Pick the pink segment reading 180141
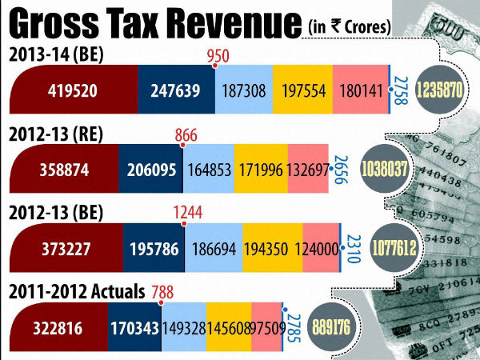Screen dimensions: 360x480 (x=358, y=90)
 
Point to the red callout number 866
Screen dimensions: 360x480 (x=186, y=137)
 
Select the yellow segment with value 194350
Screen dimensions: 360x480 (x=274, y=248)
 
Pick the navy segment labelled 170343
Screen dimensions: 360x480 (x=135, y=326)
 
